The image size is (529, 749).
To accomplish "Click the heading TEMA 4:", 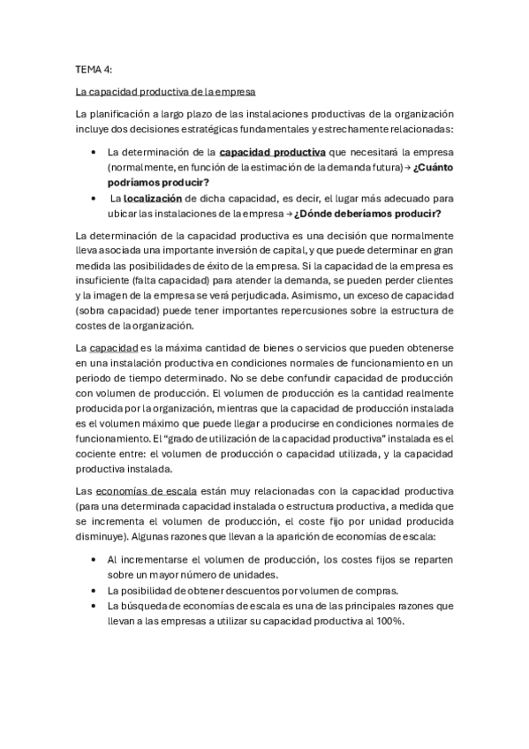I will pyautogui.click(x=94, y=67).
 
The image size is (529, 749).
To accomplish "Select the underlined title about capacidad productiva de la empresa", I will pyautogui.click(x=166, y=91).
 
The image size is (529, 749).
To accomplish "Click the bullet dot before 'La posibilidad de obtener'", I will pyautogui.click(x=94, y=590).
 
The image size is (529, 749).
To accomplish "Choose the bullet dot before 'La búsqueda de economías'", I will pyautogui.click(x=94, y=605).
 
